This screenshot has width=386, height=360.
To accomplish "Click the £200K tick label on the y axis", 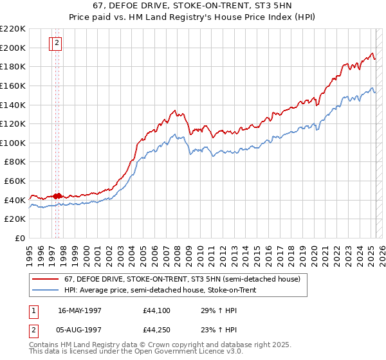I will [x=13, y=48].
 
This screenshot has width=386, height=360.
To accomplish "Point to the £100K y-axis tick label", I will [x=13, y=143].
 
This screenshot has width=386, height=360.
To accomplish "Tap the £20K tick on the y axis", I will [x=15, y=219].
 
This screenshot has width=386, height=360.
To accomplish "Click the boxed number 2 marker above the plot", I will [x=57, y=44].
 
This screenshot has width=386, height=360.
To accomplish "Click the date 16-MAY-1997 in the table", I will [x=80, y=309].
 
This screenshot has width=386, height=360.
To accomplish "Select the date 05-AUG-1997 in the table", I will [x=80, y=331].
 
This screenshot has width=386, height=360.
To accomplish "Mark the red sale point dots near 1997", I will [x=57, y=195].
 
